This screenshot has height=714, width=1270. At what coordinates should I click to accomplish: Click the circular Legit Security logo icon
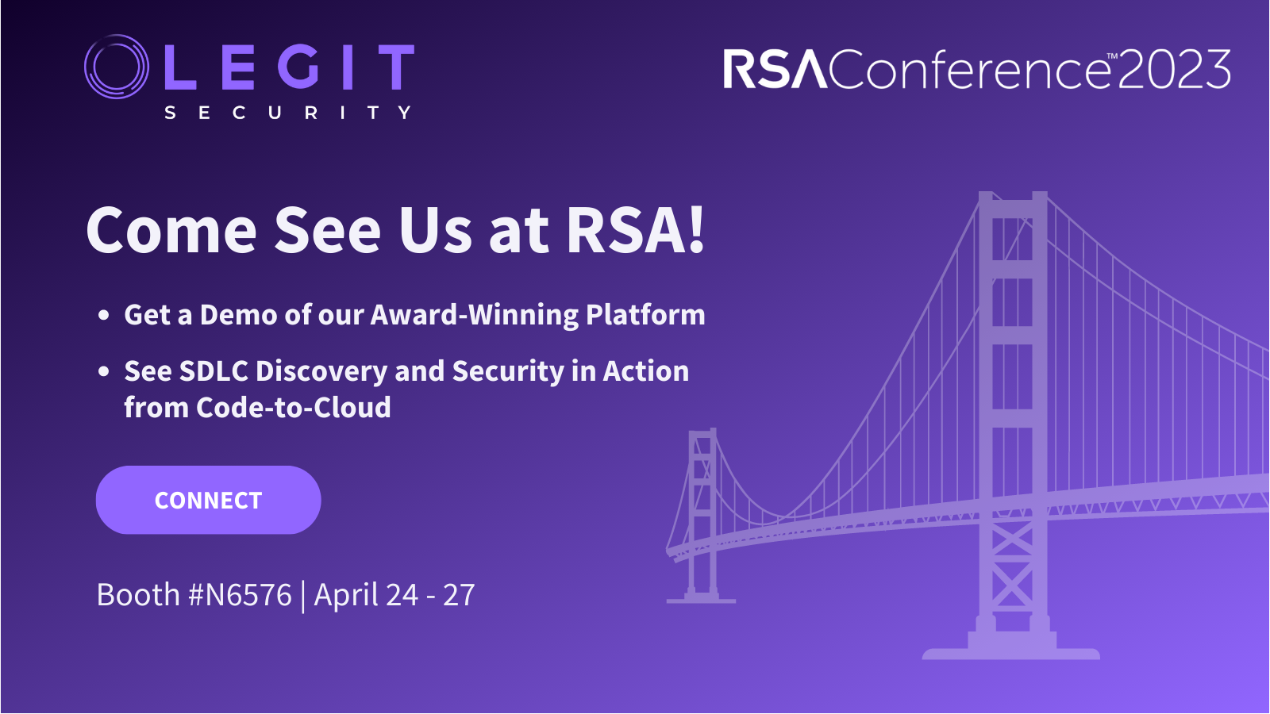117,67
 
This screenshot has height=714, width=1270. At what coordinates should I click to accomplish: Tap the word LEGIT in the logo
289,67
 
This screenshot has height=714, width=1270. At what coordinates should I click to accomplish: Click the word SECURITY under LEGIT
287,113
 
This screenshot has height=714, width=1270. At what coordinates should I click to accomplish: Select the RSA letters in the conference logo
775,69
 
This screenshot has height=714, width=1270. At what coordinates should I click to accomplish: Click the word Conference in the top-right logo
968,70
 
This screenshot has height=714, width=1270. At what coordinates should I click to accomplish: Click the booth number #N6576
241,595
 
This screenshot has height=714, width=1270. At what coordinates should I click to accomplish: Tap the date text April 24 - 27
394,595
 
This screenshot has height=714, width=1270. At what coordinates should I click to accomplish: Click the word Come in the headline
171,231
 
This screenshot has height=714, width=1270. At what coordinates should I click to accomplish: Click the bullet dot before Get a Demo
103,315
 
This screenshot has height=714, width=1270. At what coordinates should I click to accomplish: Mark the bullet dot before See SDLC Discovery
103,371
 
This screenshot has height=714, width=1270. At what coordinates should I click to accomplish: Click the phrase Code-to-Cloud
293,408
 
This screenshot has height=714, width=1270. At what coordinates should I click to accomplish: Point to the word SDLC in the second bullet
214,371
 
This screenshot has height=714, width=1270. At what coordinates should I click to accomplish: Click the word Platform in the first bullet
645,315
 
